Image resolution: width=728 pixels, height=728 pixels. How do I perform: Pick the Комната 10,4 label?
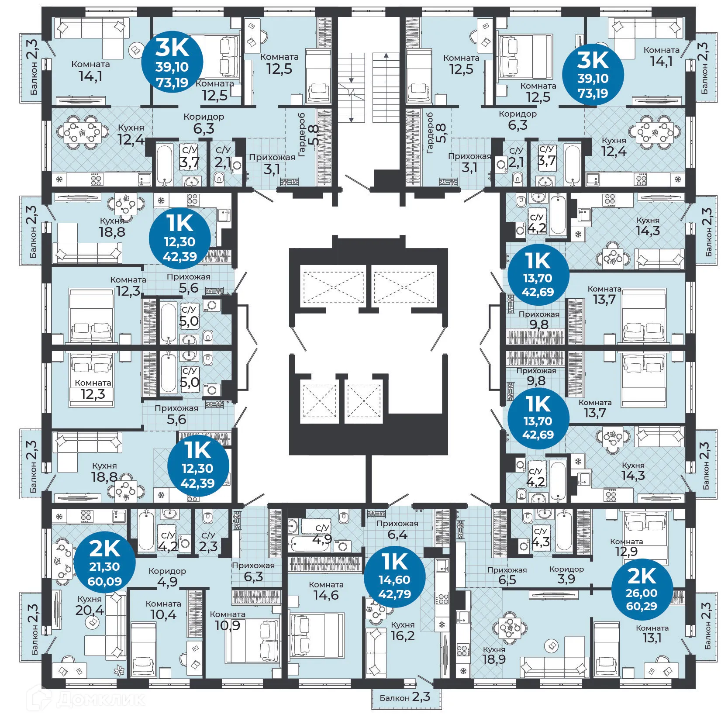click(163, 610)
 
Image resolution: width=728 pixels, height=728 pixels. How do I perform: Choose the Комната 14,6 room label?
click(326, 590)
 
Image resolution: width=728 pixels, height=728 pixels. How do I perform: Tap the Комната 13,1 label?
click(652, 634)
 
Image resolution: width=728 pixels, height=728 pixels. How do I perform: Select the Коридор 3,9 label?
click(566, 574)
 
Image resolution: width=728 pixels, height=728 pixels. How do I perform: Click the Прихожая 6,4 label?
click(397, 529)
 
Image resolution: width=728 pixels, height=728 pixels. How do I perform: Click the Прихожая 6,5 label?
click(507, 575)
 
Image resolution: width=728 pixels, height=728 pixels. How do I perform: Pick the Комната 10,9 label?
click(228, 620)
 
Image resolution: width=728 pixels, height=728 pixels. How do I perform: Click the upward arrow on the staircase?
click(386, 56)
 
